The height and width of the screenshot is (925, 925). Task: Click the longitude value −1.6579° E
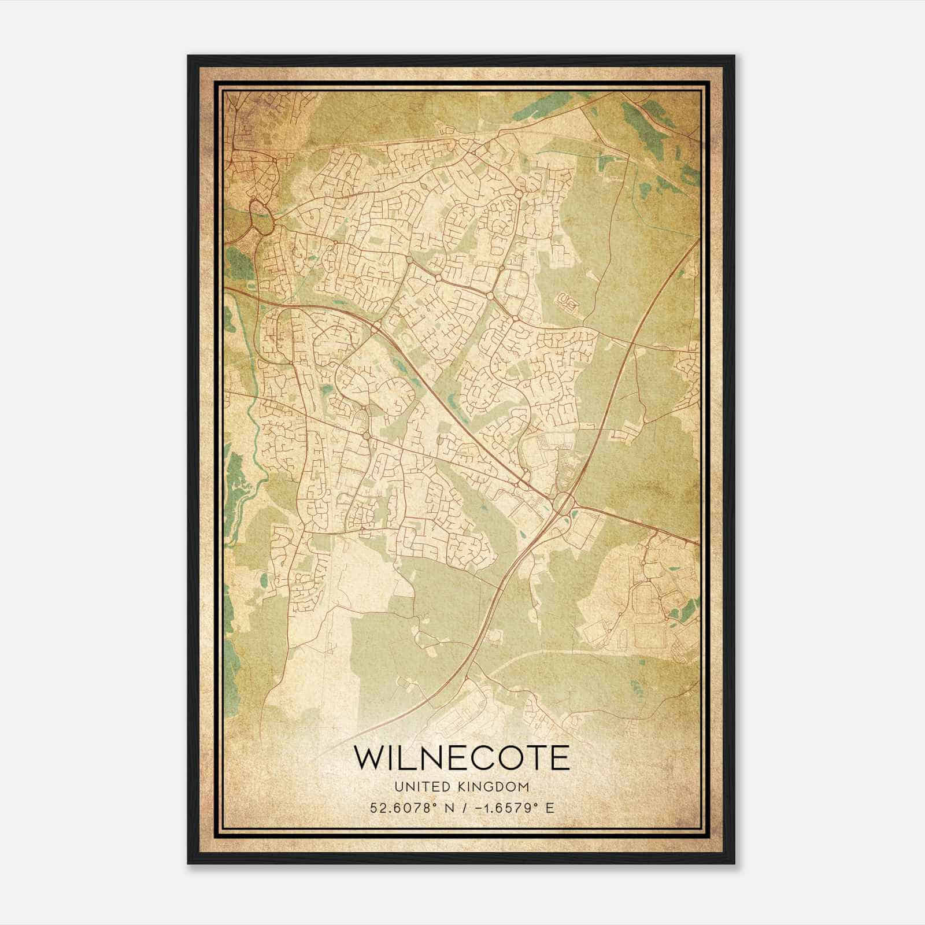pos(509,808)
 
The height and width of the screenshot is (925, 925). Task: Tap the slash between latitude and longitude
pos(461,808)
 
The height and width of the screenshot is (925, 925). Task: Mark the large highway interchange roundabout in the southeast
pos(564,502)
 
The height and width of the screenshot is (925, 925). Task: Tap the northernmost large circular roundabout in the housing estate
pos(519,195)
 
